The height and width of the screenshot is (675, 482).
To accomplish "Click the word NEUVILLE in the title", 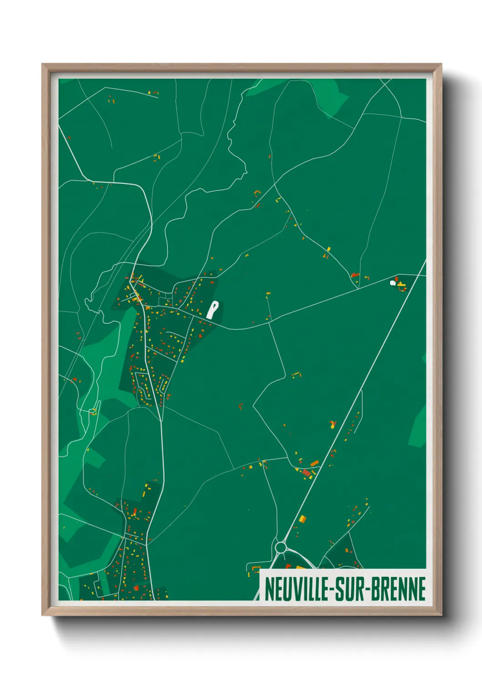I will coord(296,589).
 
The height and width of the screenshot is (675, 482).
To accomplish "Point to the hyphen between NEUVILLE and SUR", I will coord(332,589).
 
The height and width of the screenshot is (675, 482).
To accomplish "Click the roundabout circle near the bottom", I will coord(281,546).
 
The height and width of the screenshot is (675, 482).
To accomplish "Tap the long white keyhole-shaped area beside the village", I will coord(212,310).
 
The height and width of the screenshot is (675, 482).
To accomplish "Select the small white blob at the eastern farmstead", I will coord(393,283).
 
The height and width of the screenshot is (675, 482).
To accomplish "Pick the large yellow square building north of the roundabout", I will coord(303,519).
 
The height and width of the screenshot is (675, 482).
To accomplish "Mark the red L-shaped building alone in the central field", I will coord(241,405).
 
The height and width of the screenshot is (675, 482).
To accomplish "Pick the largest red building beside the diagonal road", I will coord(307,473).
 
